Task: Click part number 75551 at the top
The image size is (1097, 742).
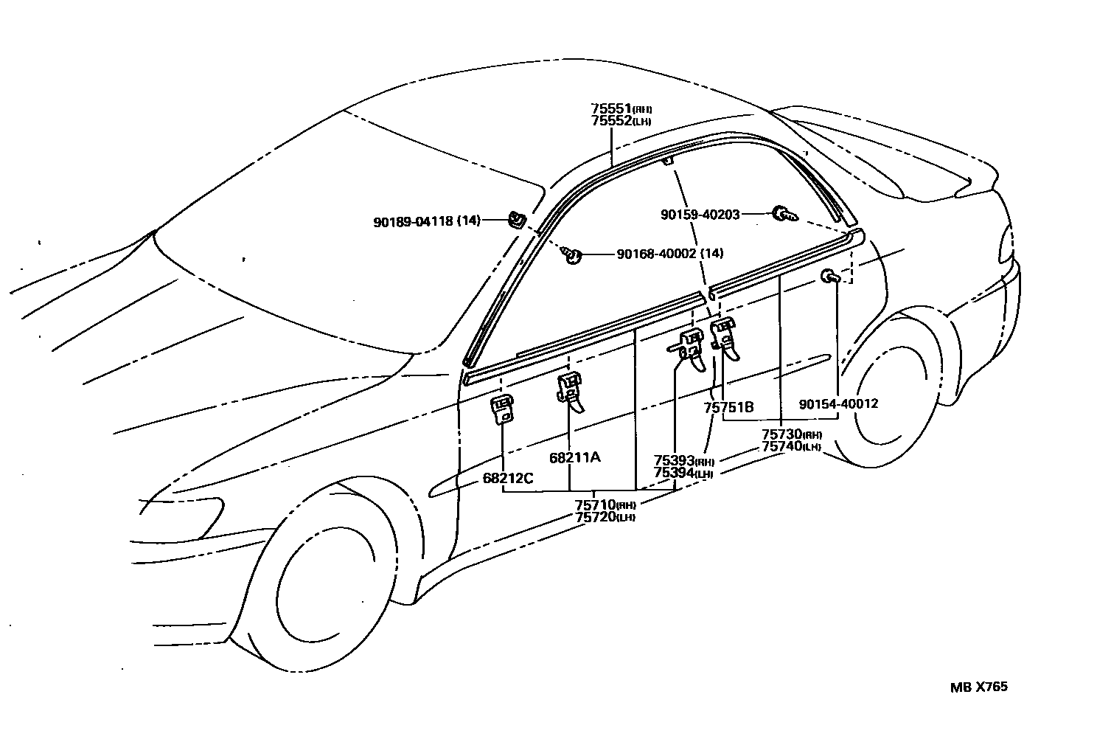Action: [x=611, y=108]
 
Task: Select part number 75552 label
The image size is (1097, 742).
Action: [x=611, y=120]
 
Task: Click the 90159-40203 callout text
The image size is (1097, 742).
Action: [x=700, y=214]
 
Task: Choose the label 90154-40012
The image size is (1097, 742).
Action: [x=838, y=404]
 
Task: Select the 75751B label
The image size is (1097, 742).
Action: [x=728, y=407]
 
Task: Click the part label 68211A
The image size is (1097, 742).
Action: [x=574, y=457]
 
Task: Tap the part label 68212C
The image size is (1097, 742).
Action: [x=508, y=478]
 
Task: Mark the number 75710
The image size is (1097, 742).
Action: [x=596, y=505]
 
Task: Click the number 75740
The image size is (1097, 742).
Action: [x=781, y=446]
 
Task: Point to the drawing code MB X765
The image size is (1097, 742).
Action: [x=978, y=687]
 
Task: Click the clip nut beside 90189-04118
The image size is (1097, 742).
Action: [x=516, y=219]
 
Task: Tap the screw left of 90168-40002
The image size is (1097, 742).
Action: [x=573, y=255]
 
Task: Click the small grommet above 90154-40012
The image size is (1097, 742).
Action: [x=829, y=277]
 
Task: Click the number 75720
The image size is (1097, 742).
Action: [x=596, y=516]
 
